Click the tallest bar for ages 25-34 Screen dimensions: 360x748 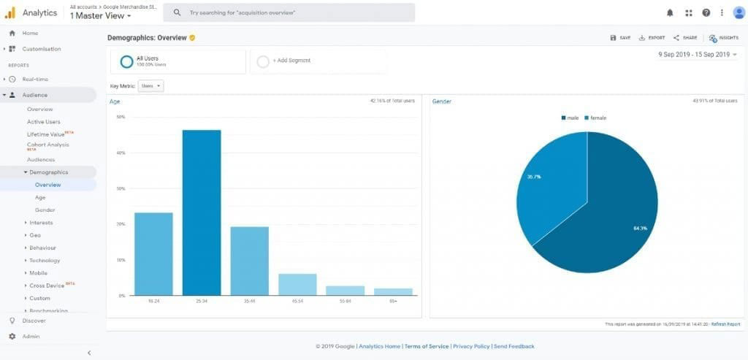pos(202,212)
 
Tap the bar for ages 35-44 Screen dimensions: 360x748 pos(250,261)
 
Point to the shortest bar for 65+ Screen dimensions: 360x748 pos(393,291)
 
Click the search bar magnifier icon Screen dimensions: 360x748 pos(177,13)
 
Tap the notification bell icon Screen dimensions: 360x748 pos(671,13)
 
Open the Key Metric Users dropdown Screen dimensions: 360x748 pos(151,85)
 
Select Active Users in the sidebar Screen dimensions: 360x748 pos(44,122)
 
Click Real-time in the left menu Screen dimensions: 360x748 pos(35,79)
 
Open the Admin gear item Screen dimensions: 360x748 pos(31,337)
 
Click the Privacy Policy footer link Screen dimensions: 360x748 pos(470,346)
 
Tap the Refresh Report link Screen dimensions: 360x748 pos(725,324)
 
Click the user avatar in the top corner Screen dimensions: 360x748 pos(738,12)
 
